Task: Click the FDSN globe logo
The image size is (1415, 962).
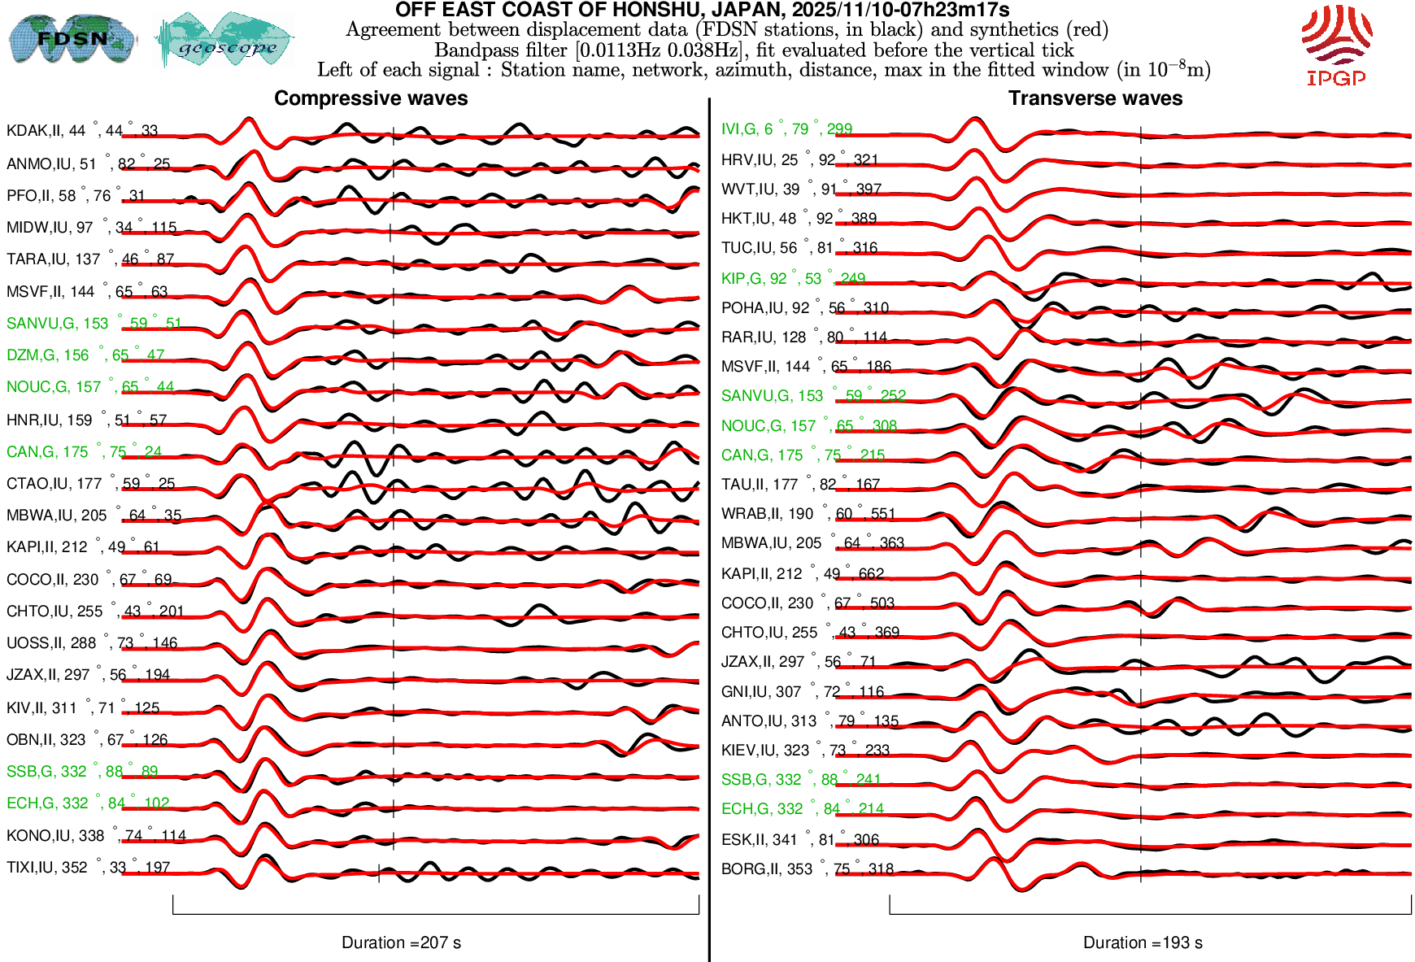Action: coord(72,38)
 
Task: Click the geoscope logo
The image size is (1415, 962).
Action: coord(225,41)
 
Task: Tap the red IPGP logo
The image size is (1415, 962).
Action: coord(1336,46)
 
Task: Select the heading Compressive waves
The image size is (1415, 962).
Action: coord(371,98)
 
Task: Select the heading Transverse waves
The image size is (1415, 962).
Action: coord(1095,98)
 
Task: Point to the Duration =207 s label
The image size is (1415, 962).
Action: coord(401,942)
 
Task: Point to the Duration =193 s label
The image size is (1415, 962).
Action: coord(1143,942)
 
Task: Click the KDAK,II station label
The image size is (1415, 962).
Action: coord(81,131)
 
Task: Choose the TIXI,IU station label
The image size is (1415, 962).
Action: coord(88,868)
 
